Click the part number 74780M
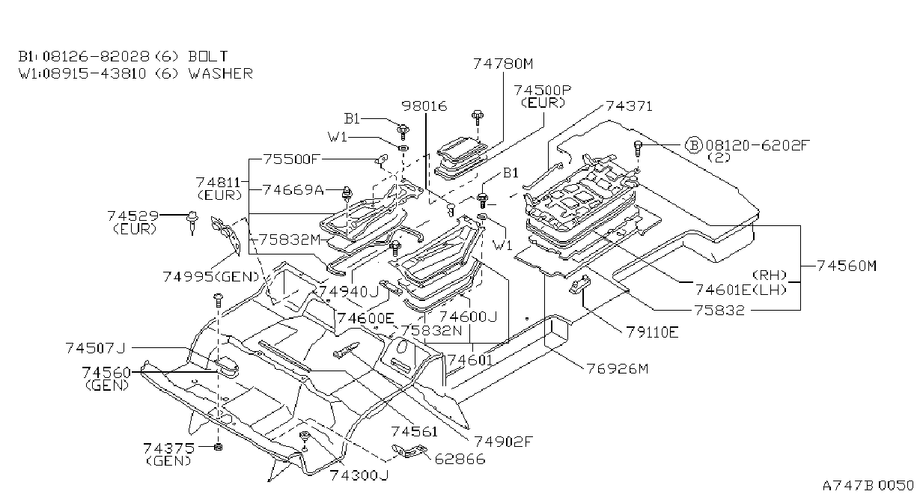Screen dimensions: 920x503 [x=503, y=64]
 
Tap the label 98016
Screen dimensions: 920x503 [x=424, y=106]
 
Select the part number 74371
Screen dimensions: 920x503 [x=629, y=106]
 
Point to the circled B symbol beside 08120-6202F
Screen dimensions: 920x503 [x=694, y=145]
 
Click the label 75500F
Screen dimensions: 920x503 [x=291, y=159]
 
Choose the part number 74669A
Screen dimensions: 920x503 [x=293, y=189]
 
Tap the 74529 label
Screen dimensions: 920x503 [x=132, y=216]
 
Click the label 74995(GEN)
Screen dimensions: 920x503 [x=211, y=277]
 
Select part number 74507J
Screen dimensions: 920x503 [x=95, y=348]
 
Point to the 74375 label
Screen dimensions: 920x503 [x=168, y=448]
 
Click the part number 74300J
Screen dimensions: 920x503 [x=359, y=475]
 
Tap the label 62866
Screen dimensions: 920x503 [x=460, y=459]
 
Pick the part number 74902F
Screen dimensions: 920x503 [x=503, y=442]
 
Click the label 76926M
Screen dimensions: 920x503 [x=617, y=369]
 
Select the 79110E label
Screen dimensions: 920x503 [x=652, y=332]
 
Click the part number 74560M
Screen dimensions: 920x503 [x=847, y=266]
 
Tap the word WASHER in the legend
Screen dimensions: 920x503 [x=221, y=74]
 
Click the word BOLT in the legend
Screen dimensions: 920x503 [x=208, y=56]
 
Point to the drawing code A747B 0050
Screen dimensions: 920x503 [x=868, y=486]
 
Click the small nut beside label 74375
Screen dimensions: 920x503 [x=219, y=447]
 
